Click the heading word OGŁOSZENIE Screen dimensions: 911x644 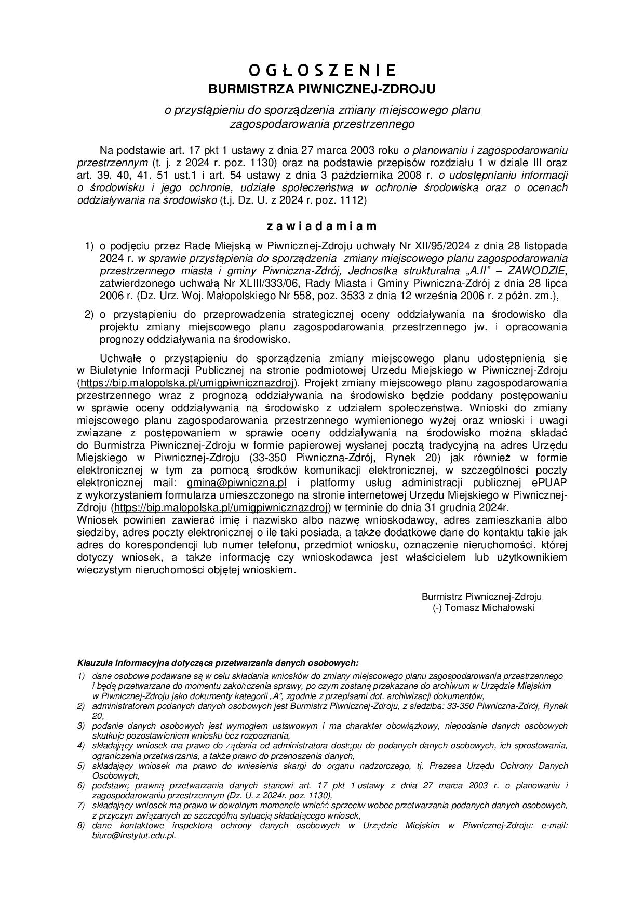pos(322,70)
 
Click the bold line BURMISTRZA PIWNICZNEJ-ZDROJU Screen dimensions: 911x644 pos(322,89)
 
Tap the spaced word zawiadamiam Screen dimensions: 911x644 pos(322,226)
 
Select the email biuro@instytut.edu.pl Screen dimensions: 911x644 pos(134,836)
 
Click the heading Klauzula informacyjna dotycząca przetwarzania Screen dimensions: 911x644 pos(218,663)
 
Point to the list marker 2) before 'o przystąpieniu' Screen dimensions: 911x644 pos(89,315)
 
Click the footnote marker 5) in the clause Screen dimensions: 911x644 pos(81,766)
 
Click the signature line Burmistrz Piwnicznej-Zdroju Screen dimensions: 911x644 pos(481,597)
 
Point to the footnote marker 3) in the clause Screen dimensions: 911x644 pos(81,726)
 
